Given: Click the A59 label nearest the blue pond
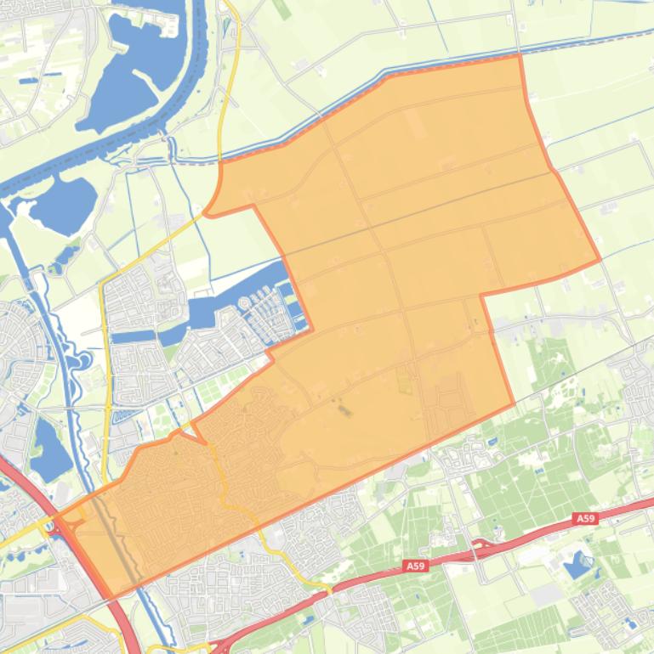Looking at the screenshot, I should click(584, 518).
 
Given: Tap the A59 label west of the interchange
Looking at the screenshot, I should click(414, 566).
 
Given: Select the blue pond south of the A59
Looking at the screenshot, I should click(579, 564).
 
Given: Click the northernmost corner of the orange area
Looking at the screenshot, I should click(518, 56).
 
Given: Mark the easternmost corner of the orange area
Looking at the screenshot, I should click(600, 259).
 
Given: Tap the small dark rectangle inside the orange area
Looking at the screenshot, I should click(344, 411).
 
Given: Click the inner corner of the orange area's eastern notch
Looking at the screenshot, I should click(482, 296).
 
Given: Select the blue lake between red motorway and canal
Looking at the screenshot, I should click(49, 450).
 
